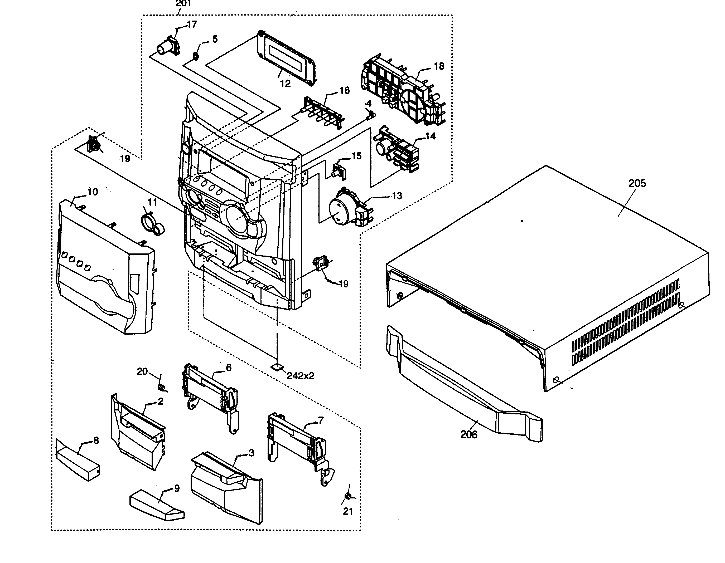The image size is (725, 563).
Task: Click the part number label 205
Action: tap(637, 183)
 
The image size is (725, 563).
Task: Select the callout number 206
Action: tap(468, 434)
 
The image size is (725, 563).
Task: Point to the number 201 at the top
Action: tap(183, 4)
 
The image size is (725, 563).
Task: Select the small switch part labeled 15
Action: tap(339, 170)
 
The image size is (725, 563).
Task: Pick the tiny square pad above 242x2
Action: tap(277, 367)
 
